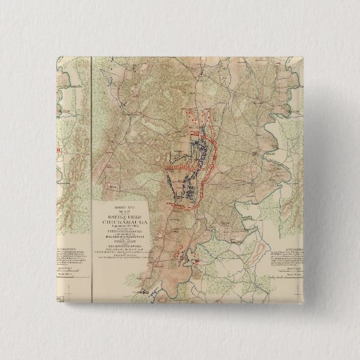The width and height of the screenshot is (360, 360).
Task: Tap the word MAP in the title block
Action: click(120, 207)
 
